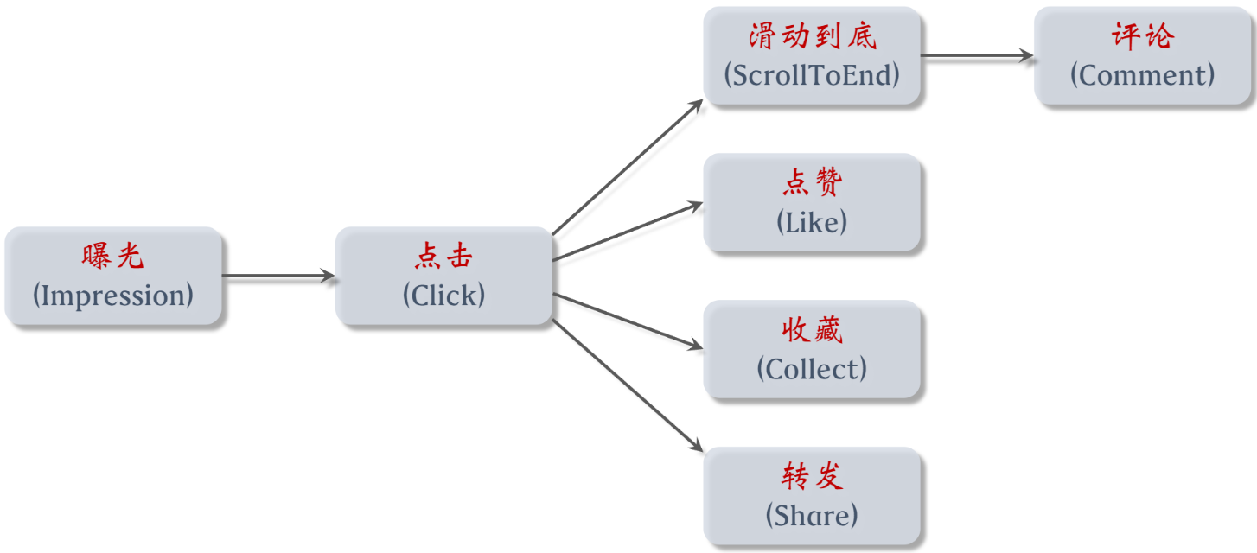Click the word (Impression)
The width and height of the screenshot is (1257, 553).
click(x=112, y=296)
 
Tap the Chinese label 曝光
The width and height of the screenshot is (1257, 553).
click(x=112, y=257)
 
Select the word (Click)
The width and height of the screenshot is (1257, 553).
click(x=443, y=296)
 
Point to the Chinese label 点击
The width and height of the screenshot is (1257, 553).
click(x=443, y=257)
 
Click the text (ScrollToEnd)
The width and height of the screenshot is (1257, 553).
click(x=812, y=75)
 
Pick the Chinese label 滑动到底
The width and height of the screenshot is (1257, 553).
click(x=812, y=36)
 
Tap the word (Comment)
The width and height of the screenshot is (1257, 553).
click(x=1143, y=75)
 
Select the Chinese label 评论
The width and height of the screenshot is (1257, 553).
click(x=1143, y=36)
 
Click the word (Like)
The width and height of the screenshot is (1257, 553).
click(x=812, y=222)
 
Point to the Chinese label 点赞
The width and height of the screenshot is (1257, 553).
click(x=812, y=183)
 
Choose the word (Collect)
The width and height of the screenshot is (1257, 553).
click(x=812, y=369)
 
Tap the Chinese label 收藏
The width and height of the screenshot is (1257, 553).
click(x=812, y=330)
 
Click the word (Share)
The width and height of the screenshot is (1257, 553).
click(x=812, y=516)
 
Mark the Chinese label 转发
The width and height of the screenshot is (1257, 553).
click(x=812, y=477)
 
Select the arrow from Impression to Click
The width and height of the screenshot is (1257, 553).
click(x=278, y=276)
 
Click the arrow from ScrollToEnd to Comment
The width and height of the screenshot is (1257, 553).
click(x=977, y=55)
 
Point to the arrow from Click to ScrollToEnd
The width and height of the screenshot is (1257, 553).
click(x=628, y=167)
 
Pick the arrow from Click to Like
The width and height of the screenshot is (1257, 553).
click(x=628, y=231)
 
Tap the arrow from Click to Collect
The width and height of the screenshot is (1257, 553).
click(x=628, y=321)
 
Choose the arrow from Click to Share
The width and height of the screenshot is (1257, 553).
click(x=628, y=386)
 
